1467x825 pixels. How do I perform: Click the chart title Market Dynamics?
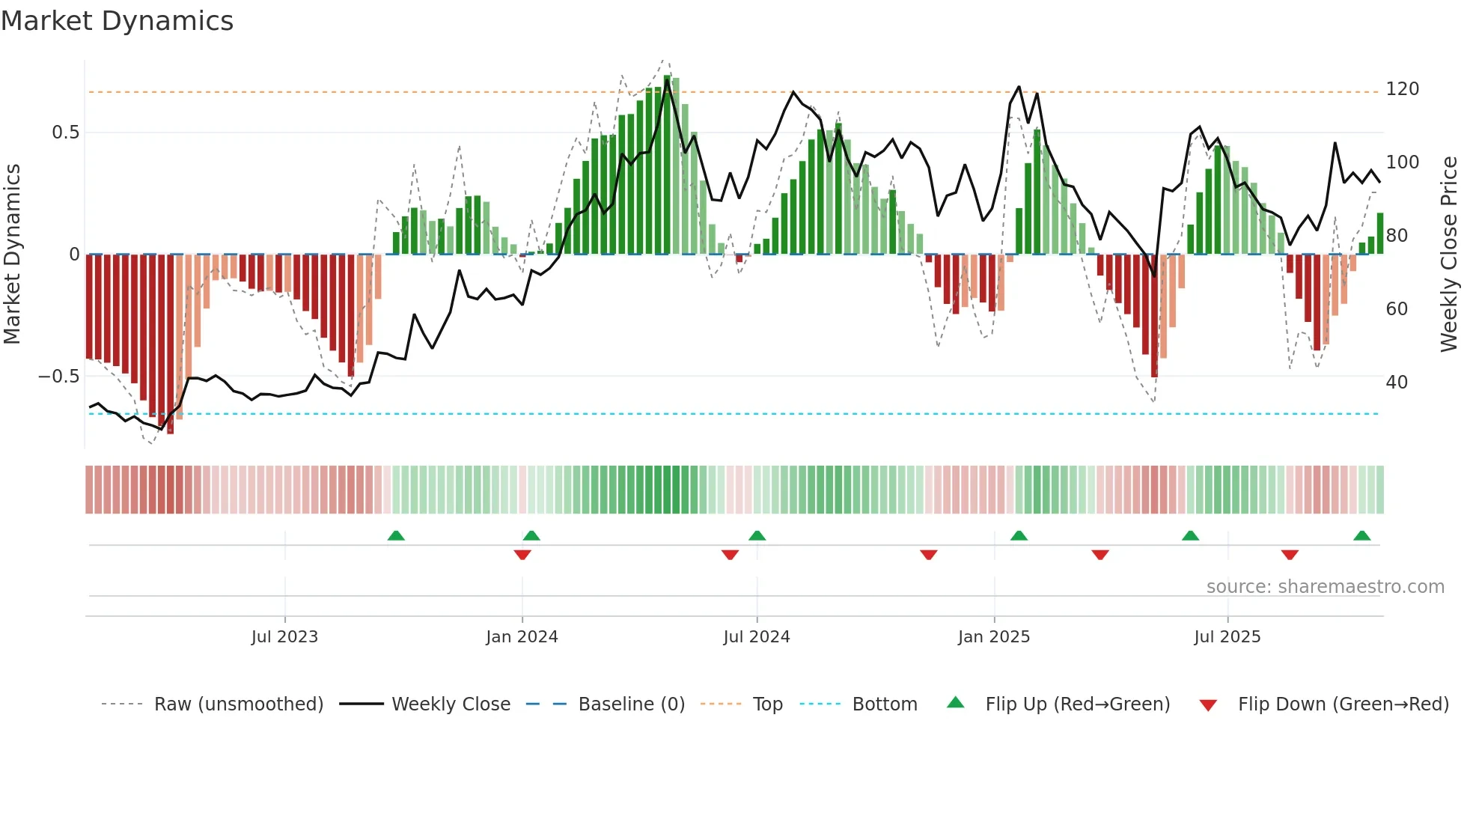point(117,21)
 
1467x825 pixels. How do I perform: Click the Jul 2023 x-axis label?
point(284,637)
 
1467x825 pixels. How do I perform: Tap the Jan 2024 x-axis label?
point(522,637)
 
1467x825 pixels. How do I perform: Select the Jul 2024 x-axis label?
point(756,637)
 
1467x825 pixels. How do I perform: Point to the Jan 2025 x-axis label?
point(993,637)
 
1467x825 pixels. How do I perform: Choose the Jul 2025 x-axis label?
point(1227,637)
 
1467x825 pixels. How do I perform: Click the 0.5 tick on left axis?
point(65,133)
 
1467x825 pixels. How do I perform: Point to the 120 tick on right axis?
point(1402,89)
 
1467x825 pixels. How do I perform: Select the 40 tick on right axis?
point(1397,383)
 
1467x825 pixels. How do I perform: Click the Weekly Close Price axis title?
point(1449,255)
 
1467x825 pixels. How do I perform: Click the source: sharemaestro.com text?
point(1325,587)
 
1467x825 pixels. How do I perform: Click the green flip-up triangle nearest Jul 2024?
point(757,536)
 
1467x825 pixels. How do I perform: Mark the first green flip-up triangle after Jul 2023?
point(396,536)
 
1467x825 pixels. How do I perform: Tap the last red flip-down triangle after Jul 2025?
point(1289,555)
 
